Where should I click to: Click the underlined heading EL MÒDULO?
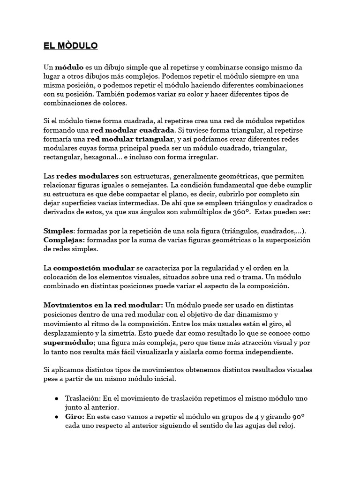tap(70, 46)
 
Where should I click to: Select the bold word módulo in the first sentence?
tap(70, 67)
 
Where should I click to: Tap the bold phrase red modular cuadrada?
tap(138, 130)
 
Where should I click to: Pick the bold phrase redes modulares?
tap(88, 176)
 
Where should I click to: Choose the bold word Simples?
tap(59, 231)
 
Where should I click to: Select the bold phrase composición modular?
tap(94, 268)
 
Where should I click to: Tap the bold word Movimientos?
tap(69, 305)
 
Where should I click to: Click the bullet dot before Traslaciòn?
tap(56, 398)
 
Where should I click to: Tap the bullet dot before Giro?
tap(56, 416)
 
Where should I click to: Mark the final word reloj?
tap(285, 426)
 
